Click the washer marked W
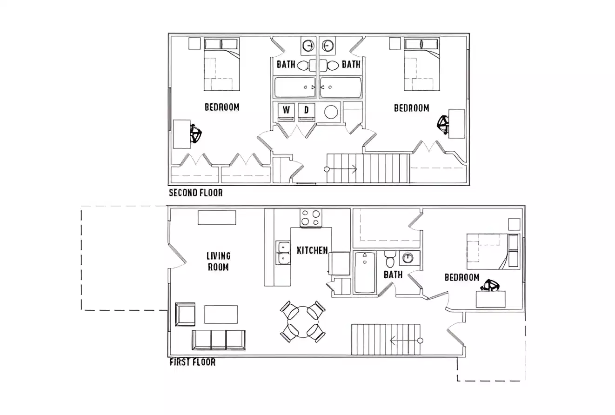pos(287,111)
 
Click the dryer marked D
pos(306,111)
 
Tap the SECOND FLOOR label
pos(195,193)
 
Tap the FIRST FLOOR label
pos(192,362)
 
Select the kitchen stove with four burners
pos(311,218)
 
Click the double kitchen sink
pos(282,253)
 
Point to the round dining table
pos(303,321)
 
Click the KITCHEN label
pos(312,250)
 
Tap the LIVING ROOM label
pos(218,261)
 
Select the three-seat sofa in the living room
pos(218,340)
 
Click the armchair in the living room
pos(185,314)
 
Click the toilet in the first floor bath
pos(390,260)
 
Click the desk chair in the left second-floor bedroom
pos(196,135)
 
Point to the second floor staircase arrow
pos(341,169)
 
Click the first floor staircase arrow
pos(405,341)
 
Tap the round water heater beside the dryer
pos(331,112)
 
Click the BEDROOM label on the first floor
pos(461,277)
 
